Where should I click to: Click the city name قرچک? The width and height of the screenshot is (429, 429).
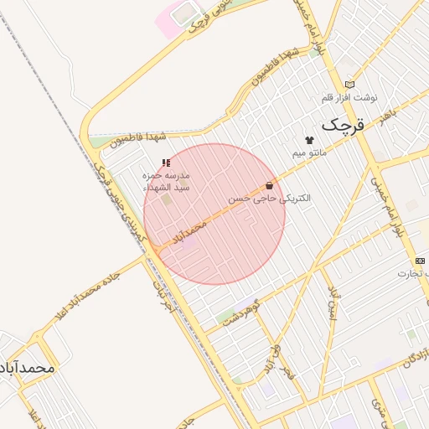(x=344, y=126)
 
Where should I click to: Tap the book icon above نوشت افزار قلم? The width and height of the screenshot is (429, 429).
(x=349, y=84)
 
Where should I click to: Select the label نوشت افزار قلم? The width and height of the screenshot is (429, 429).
(x=349, y=97)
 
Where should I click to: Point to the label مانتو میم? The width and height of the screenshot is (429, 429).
(x=309, y=153)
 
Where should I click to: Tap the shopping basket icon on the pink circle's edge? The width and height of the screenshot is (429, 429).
(x=269, y=185)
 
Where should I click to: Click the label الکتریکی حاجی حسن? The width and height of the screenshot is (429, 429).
(x=270, y=199)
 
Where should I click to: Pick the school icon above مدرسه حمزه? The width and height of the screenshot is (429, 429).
(x=165, y=162)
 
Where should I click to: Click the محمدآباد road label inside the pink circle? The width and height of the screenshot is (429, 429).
(x=189, y=234)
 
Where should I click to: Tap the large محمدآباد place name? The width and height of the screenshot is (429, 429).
(x=28, y=368)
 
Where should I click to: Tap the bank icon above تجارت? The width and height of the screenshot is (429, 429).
(x=419, y=261)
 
